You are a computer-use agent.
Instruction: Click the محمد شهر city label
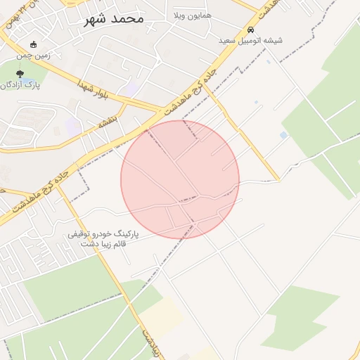tap(113, 18)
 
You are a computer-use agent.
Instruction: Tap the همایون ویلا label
tap(191, 15)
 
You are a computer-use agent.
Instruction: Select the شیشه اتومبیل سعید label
tap(251, 41)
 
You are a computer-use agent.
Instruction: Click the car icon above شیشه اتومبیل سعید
tap(251, 30)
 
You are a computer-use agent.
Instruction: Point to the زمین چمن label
tap(34, 54)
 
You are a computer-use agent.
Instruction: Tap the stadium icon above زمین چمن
tap(33, 44)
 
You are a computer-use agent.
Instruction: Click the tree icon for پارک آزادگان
tap(19, 74)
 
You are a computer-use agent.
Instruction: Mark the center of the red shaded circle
tap(180, 179)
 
